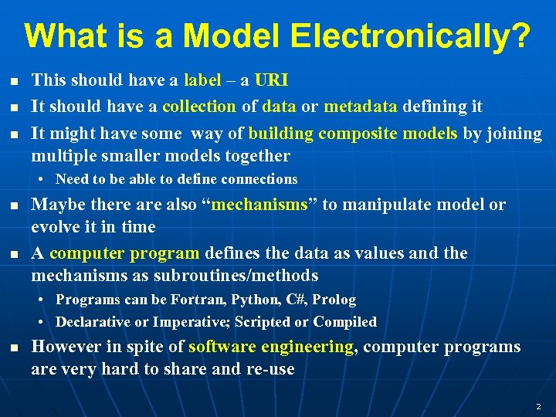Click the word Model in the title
pos(229,36)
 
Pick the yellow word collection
pos(199,107)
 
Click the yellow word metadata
pos(361,107)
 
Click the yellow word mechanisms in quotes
pos(259,205)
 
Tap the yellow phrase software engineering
pos(270,347)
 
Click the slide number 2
pos(538,406)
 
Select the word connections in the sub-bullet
pos(259,179)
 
